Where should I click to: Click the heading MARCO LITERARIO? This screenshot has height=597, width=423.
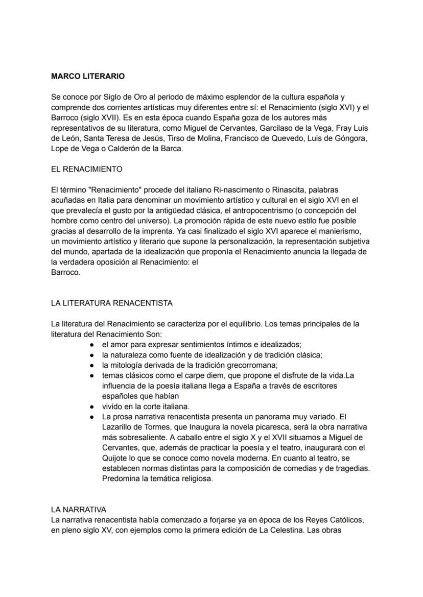tap(88, 77)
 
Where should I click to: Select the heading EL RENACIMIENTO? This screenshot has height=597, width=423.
tap(87, 169)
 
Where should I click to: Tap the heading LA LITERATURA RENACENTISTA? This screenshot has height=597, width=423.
tap(112, 303)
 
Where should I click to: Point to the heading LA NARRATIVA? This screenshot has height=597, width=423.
tap(79, 510)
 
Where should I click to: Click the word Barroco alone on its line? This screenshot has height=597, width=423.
tap(66, 272)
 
